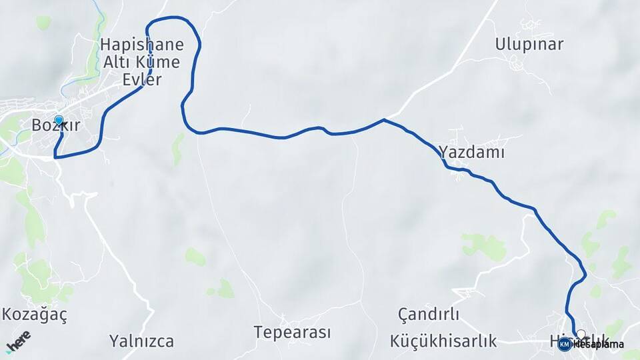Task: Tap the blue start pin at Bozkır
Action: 59,121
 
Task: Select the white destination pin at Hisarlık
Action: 581,334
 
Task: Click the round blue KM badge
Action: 565,344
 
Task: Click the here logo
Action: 18,341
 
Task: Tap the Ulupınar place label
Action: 529,45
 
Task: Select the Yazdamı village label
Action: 471,153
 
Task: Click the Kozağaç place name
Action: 35,314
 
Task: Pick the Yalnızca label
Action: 141,341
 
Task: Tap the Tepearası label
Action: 293,332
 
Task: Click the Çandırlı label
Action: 429,314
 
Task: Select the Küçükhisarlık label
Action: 443,341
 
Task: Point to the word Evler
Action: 142,80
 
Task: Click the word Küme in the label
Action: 158,63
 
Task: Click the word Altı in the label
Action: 117,63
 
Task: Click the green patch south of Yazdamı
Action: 485,246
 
